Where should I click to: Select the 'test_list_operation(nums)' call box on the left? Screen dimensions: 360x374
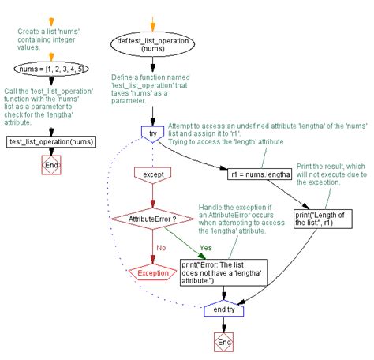50,141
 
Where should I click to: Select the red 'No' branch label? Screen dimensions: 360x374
162,246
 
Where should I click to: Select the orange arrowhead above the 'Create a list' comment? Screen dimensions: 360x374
50,19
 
